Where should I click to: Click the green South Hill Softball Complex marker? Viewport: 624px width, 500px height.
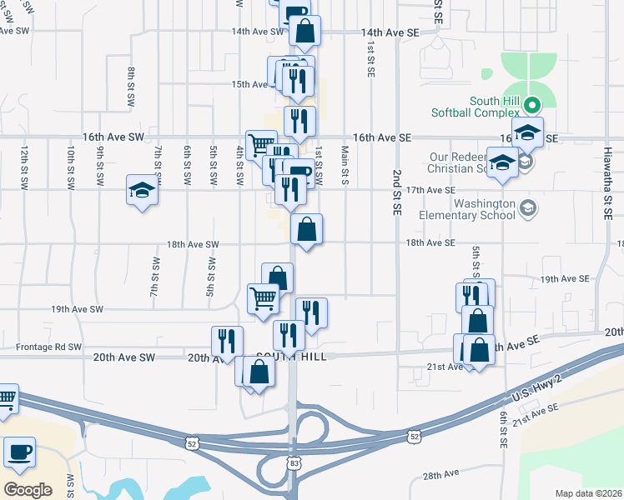539,106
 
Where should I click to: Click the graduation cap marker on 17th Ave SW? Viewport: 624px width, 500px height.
142,191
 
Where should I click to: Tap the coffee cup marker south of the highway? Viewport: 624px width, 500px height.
19,452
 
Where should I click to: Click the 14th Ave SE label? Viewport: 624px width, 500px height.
390,32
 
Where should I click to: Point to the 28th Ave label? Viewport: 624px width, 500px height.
441,474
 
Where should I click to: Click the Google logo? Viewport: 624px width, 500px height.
28,489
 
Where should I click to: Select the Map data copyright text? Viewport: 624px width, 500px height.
587,493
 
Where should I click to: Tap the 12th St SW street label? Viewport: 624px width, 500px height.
25,166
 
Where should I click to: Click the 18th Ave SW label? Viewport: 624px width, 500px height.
193,244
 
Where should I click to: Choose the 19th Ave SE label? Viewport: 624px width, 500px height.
565,278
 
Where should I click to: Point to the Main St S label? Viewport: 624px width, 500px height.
345,165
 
